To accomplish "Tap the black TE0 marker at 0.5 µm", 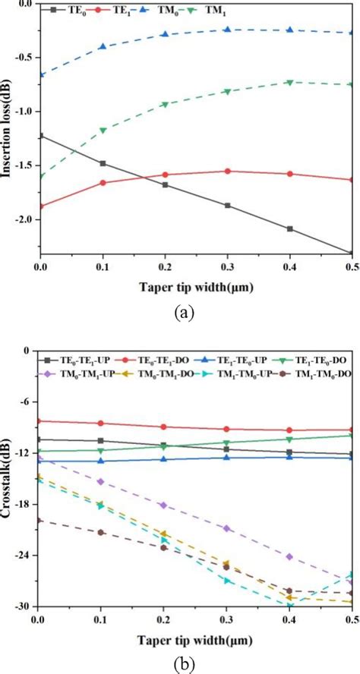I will pos(351,254).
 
